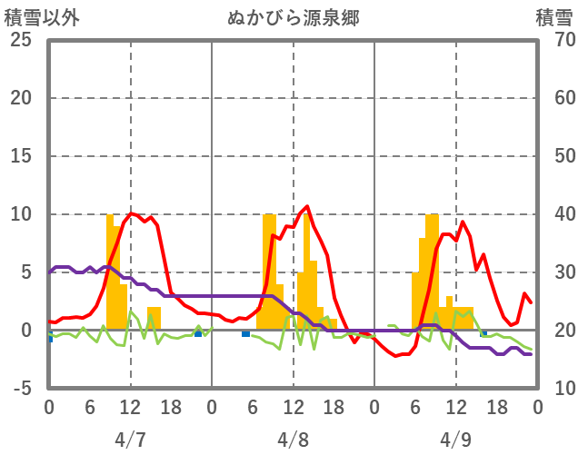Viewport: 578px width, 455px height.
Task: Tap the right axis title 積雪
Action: pos(553,17)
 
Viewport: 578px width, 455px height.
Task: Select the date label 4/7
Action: pos(130,440)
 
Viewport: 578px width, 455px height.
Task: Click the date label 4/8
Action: pos(293,440)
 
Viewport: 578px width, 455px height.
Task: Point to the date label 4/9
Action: pos(455,440)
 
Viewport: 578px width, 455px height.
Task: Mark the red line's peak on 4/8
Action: pos(307,206)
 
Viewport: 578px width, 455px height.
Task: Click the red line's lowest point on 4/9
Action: pos(395,355)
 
